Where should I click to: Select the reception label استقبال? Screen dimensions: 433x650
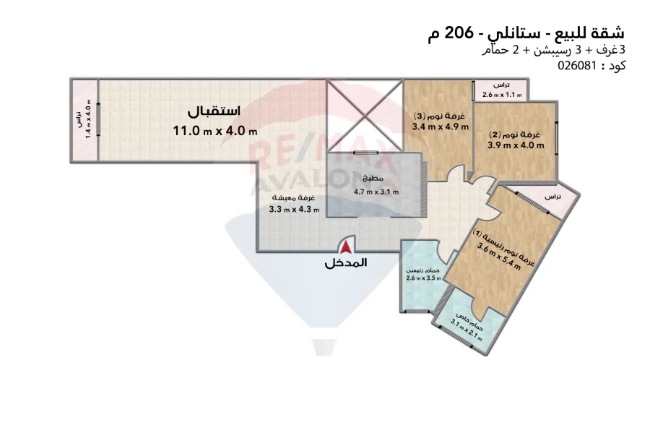(x=214, y=113)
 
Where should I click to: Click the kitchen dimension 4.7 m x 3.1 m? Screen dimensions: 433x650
(x=376, y=192)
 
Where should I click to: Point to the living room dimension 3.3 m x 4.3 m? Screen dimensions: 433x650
(x=294, y=210)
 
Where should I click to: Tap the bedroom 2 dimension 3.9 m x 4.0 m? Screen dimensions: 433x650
(x=516, y=145)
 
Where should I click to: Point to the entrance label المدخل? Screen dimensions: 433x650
(x=346, y=263)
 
